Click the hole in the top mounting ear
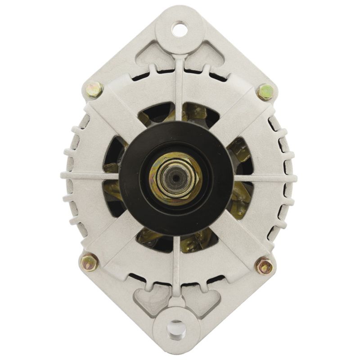[180, 29]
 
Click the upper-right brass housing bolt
[264, 92]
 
